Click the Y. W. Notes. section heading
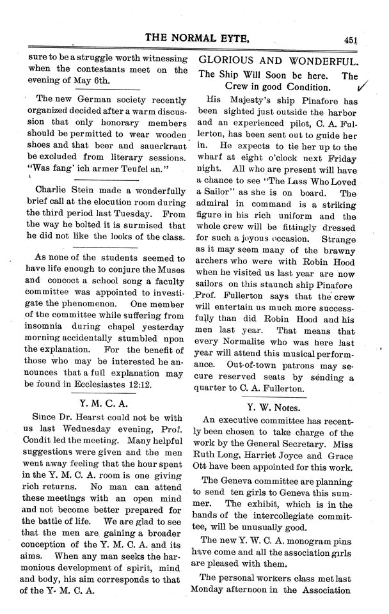point(278,405)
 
